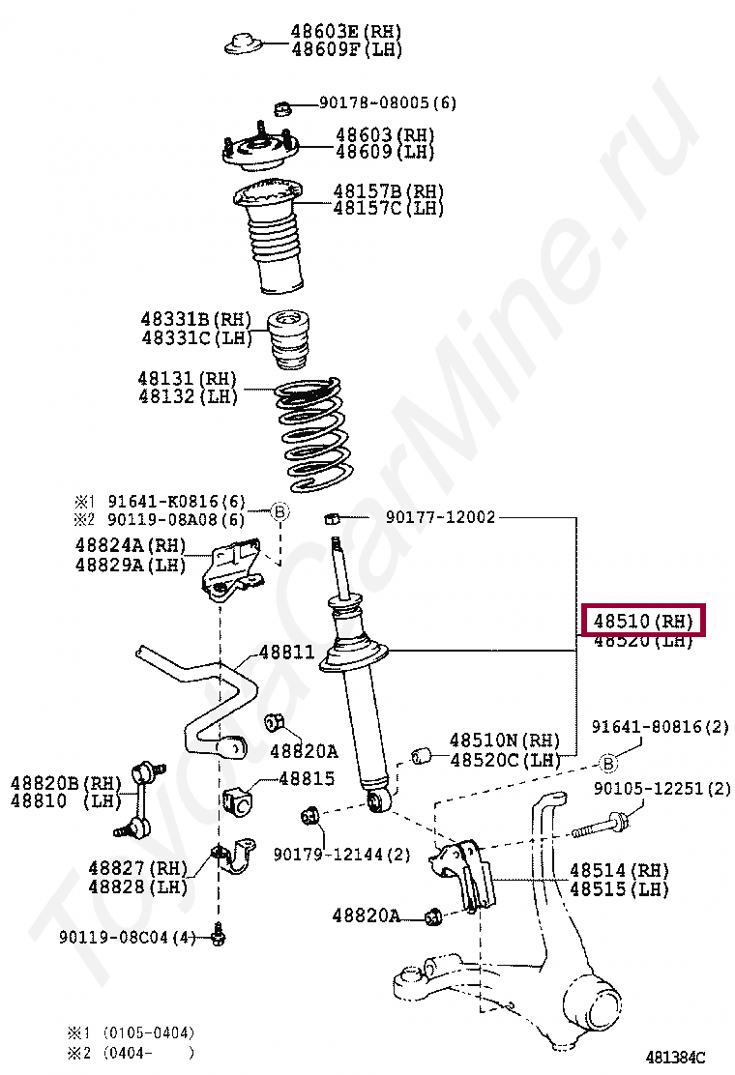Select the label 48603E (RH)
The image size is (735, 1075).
pyautogui.click(x=346, y=32)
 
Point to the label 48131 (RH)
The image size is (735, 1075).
pyautogui.click(x=188, y=379)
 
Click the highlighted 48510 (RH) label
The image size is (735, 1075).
pyautogui.click(x=643, y=621)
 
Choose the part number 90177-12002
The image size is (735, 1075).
pyautogui.click(x=440, y=517)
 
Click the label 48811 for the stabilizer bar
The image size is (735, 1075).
pyautogui.click(x=286, y=653)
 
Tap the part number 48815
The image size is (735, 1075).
pyautogui.click(x=307, y=778)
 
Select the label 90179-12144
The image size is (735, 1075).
pyautogui.click(x=341, y=855)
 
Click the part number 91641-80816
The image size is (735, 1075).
pyautogui.click(x=661, y=727)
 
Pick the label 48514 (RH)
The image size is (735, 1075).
pyautogui.click(x=619, y=871)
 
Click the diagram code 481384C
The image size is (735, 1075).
pyautogui.click(x=676, y=1057)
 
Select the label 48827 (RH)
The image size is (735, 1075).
pyautogui.click(x=136, y=869)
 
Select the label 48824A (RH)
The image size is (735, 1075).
pyautogui.click(x=130, y=546)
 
